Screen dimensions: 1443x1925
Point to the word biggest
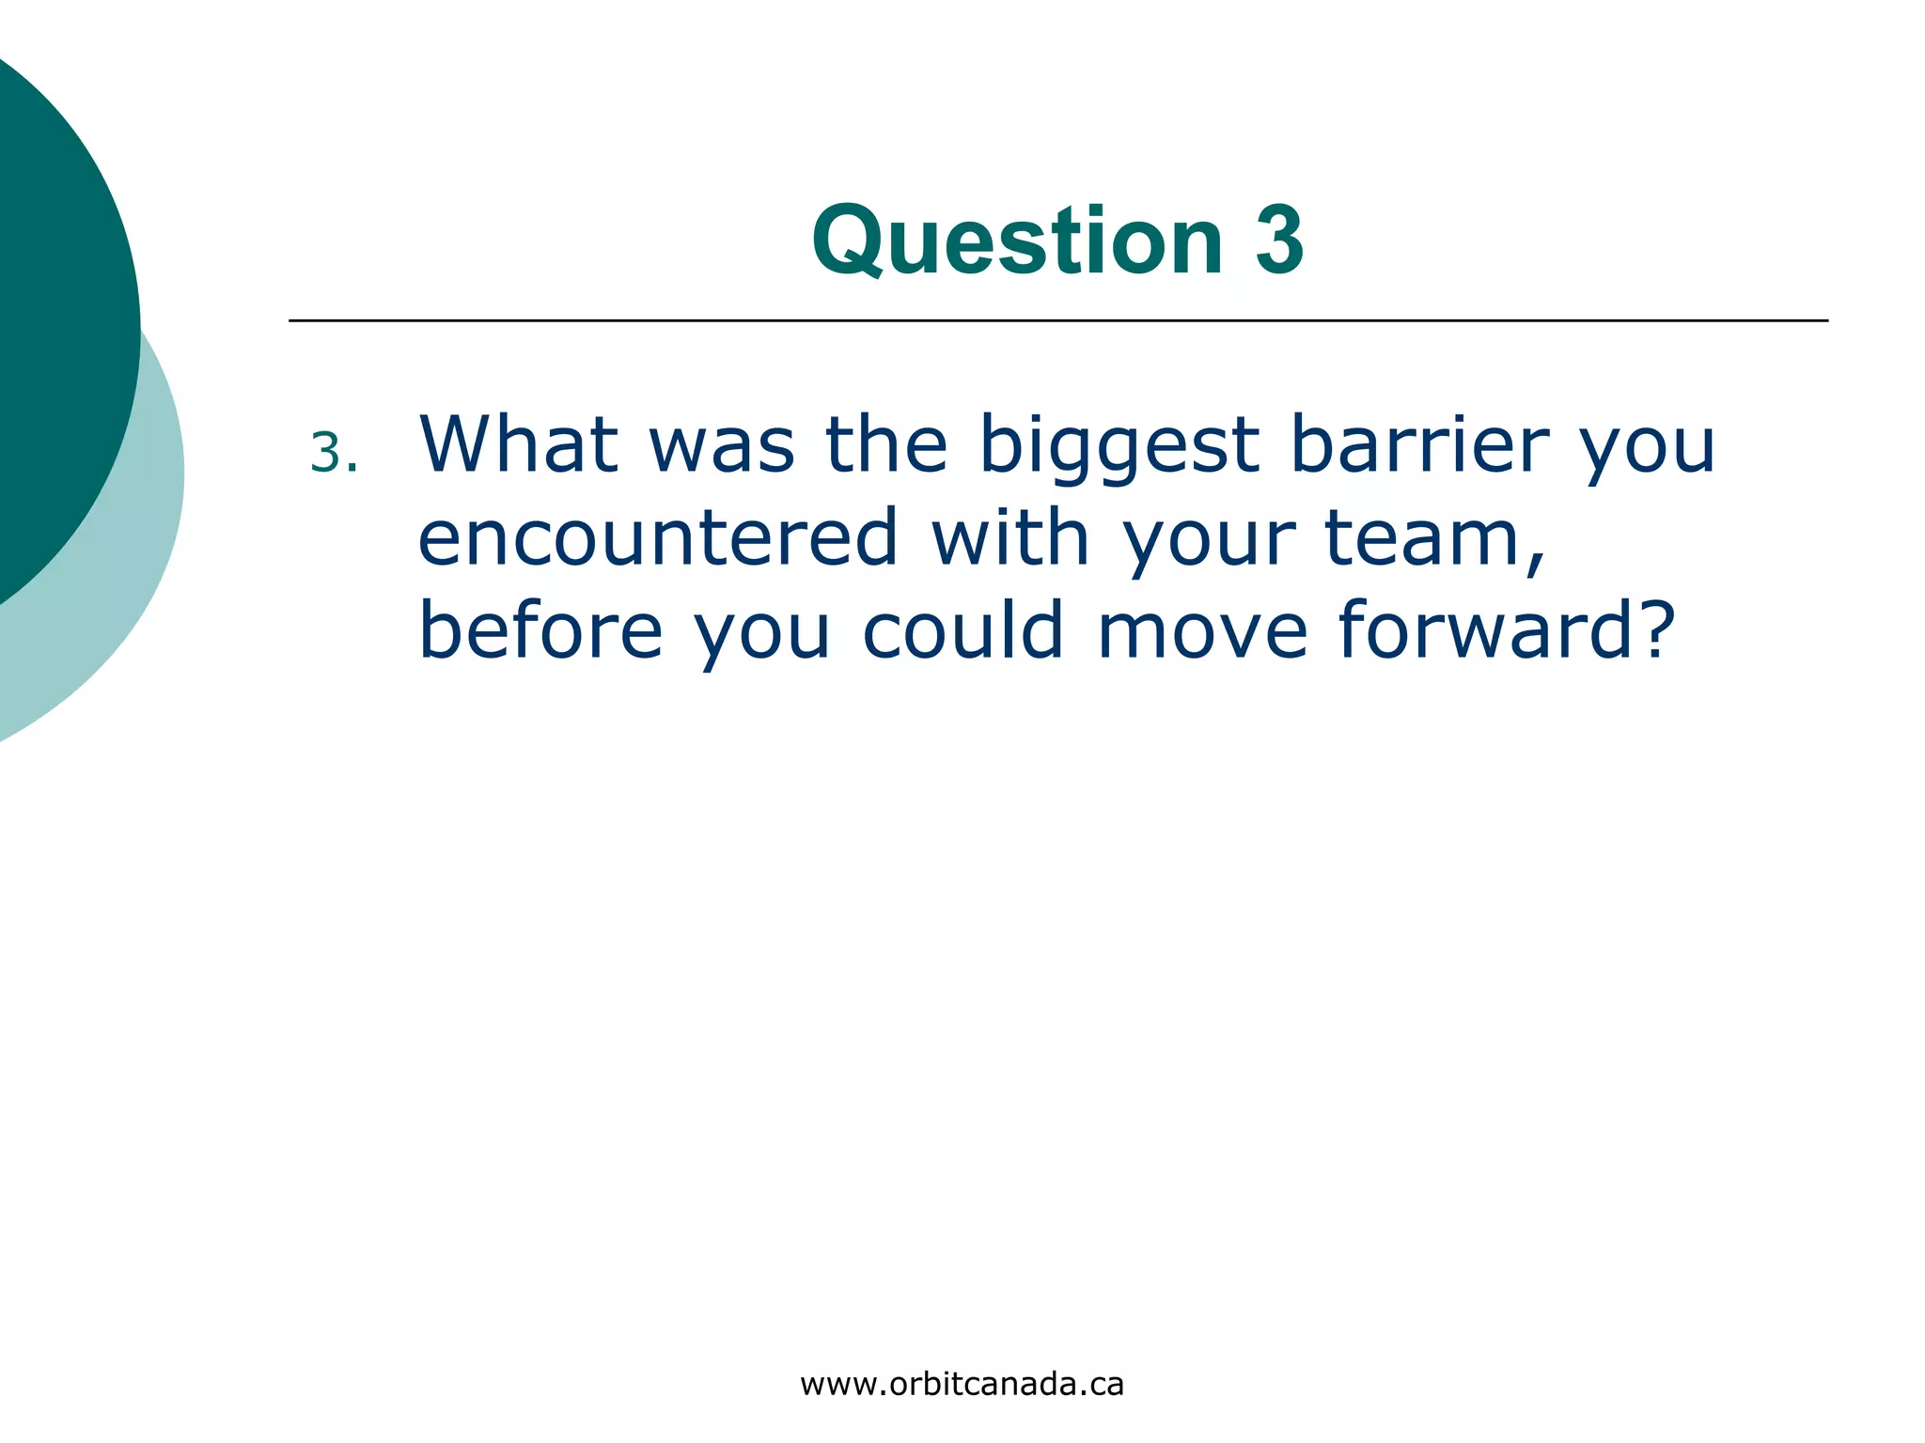tap(1119, 445)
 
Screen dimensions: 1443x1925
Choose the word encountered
tap(658, 537)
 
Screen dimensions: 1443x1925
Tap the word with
tap(1009, 537)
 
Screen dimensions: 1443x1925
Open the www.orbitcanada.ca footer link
tap(962, 1384)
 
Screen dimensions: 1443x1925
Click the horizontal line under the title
tap(1057, 320)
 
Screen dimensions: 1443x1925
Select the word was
tap(722, 445)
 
